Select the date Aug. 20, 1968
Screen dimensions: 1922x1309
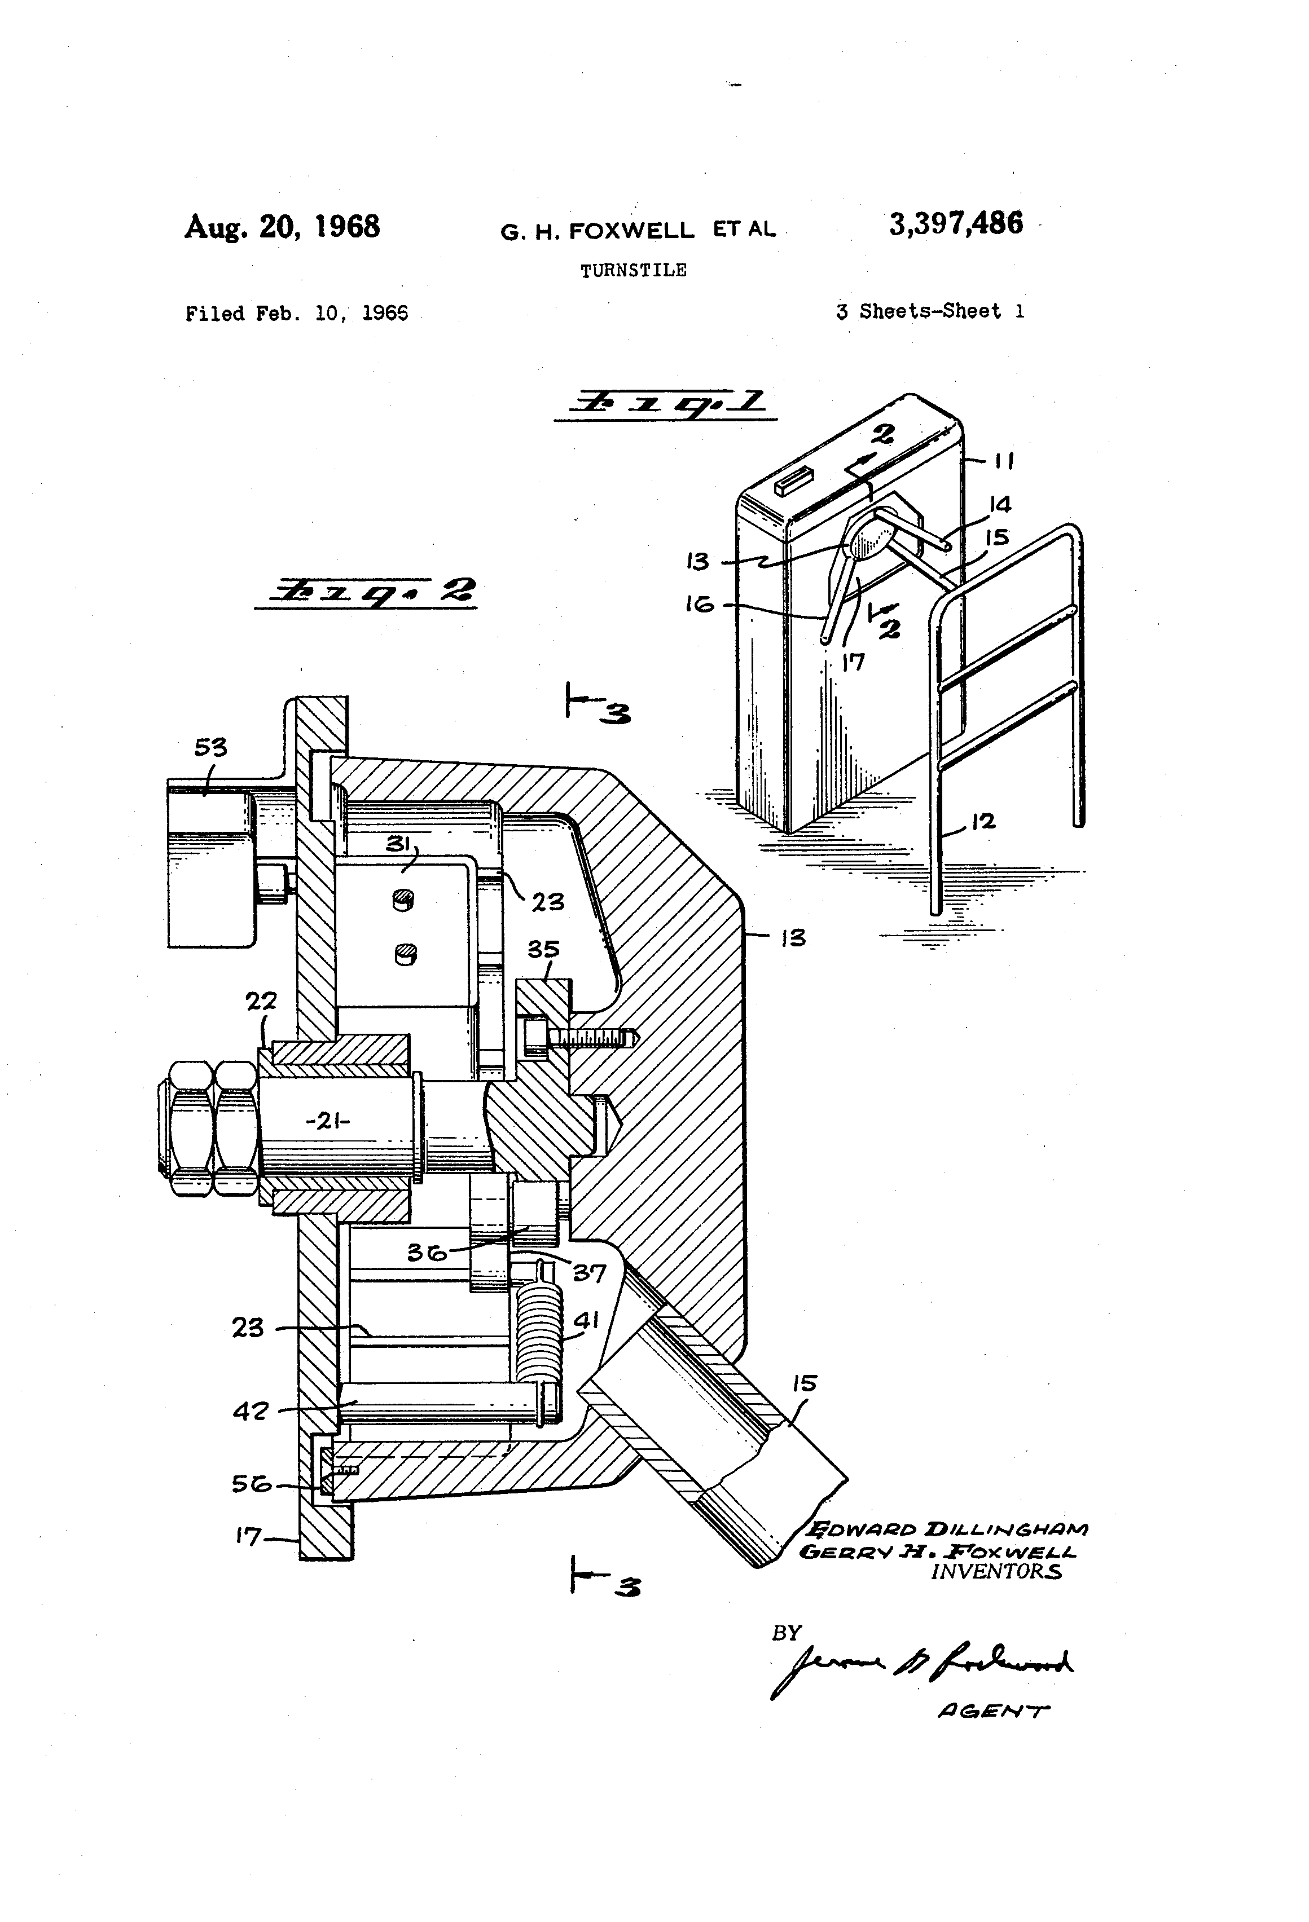[282, 227]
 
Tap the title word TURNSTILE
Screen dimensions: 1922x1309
[633, 271]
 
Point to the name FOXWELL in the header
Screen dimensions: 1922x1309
[632, 232]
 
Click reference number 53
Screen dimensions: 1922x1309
[210, 748]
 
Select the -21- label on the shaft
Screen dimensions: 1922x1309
[328, 1121]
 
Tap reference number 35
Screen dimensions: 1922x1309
[543, 949]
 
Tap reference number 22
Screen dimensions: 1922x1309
[261, 1002]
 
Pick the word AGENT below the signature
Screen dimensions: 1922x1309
[993, 1711]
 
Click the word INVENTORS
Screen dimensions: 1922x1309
[995, 1571]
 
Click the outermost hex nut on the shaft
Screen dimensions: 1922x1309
[190, 1127]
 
